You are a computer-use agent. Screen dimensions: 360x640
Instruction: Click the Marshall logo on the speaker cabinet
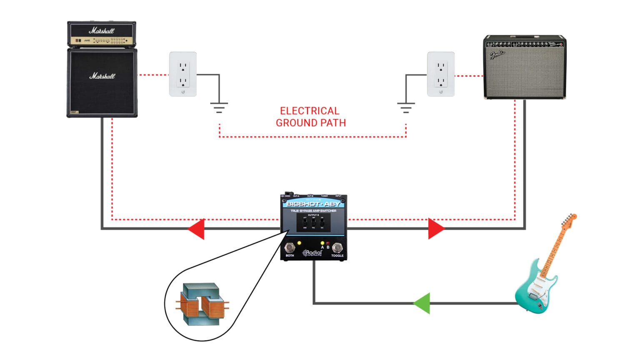tap(102, 76)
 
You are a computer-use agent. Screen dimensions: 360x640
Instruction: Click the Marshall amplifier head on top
tap(102, 34)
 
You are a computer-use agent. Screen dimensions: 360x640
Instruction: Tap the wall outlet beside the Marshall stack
tap(183, 74)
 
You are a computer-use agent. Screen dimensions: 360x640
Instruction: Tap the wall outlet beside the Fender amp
tap(441, 74)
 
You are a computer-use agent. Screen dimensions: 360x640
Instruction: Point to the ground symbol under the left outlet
tap(219, 107)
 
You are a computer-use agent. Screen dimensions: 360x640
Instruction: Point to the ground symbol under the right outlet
tap(406, 107)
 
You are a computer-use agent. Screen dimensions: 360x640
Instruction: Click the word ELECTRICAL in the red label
tap(310, 111)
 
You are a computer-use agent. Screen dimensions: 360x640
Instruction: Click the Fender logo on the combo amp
tap(497, 54)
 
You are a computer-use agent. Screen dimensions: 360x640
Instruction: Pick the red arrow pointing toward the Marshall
tap(197, 229)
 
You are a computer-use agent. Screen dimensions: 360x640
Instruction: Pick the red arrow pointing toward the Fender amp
tap(436, 229)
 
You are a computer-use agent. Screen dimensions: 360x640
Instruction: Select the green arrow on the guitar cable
tap(422, 303)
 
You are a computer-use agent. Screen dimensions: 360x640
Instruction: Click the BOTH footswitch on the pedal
tap(290, 247)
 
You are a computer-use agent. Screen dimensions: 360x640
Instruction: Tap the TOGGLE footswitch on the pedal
tap(337, 247)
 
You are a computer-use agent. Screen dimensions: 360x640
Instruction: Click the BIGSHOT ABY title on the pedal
tap(313, 204)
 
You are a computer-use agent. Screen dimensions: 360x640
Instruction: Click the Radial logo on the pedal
tap(313, 253)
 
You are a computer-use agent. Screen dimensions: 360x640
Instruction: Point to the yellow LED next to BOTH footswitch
tap(299, 243)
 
